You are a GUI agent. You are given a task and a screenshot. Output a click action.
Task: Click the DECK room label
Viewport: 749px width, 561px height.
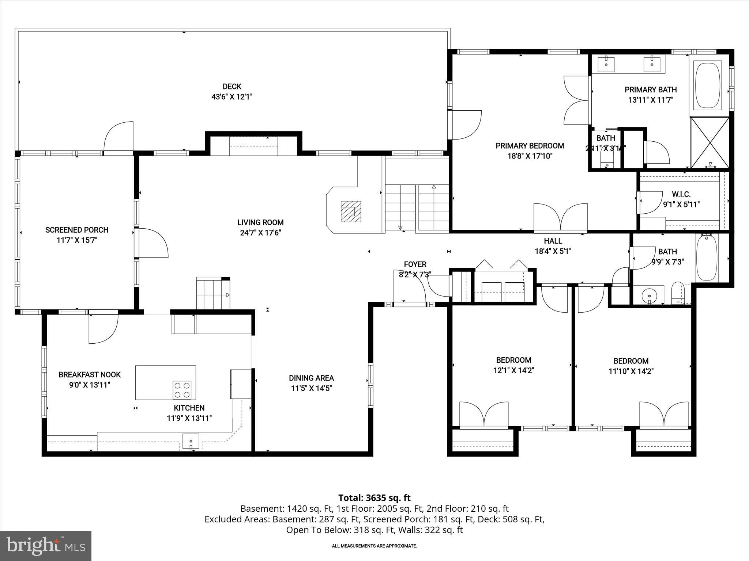click(232, 87)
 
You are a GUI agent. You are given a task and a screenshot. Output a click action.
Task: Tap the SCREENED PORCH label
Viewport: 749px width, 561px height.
click(77, 230)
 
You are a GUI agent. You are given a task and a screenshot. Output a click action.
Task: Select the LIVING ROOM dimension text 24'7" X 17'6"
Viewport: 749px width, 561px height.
click(260, 233)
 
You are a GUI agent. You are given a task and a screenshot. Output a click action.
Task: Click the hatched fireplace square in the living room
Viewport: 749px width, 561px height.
click(351, 211)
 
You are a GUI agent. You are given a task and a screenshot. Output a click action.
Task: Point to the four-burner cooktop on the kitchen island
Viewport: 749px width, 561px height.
click(182, 390)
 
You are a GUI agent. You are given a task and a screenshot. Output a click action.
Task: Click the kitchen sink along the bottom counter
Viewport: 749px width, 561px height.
click(191, 441)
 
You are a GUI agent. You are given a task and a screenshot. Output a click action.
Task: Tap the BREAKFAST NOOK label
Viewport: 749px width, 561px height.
click(90, 374)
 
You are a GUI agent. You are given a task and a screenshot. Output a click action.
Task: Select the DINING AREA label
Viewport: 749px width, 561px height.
click(311, 378)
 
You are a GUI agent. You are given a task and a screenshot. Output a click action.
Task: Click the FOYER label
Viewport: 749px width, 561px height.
click(415, 264)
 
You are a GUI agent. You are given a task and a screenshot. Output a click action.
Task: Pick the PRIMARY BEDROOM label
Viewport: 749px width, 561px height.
click(530, 146)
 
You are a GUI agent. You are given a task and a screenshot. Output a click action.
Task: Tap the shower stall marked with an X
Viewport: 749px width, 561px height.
click(710, 142)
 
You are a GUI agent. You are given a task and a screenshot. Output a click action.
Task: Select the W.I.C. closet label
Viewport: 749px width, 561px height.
click(681, 194)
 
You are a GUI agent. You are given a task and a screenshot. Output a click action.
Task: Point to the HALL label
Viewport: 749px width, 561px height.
click(553, 241)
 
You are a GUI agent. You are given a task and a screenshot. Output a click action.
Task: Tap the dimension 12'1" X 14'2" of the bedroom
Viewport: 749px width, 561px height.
click(513, 370)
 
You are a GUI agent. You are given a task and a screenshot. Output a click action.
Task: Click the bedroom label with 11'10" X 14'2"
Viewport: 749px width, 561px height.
click(631, 361)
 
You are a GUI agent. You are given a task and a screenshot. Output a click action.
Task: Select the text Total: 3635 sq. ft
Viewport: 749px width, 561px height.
click(374, 498)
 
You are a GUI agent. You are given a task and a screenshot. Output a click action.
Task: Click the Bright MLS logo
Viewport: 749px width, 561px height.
click(46, 546)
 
